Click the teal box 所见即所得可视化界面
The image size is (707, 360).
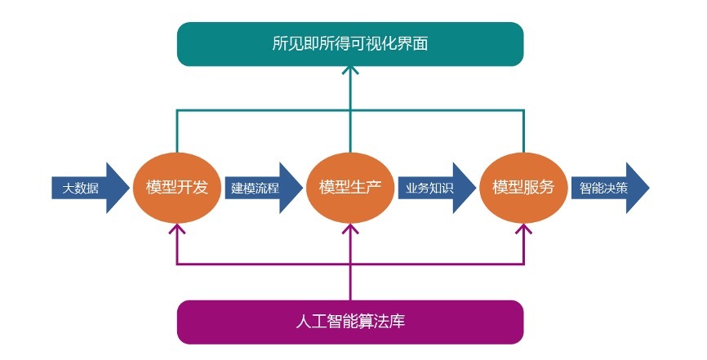click(x=349, y=44)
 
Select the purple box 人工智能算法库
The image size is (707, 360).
click(x=349, y=322)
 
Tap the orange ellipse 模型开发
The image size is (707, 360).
click(x=177, y=187)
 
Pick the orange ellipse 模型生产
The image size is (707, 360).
click(x=350, y=187)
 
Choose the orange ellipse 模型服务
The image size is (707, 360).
click(x=523, y=187)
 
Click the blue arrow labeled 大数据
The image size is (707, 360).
click(x=88, y=188)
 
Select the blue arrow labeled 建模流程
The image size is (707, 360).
click(x=261, y=188)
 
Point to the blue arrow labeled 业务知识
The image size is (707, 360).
click(x=434, y=188)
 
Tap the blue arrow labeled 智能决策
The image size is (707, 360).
click(x=607, y=188)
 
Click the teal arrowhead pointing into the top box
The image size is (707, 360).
click(x=350, y=71)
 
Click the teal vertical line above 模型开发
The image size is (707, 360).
click(x=177, y=131)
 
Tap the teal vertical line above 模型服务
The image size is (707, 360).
click(x=523, y=131)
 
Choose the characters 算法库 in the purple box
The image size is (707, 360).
click(x=384, y=322)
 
